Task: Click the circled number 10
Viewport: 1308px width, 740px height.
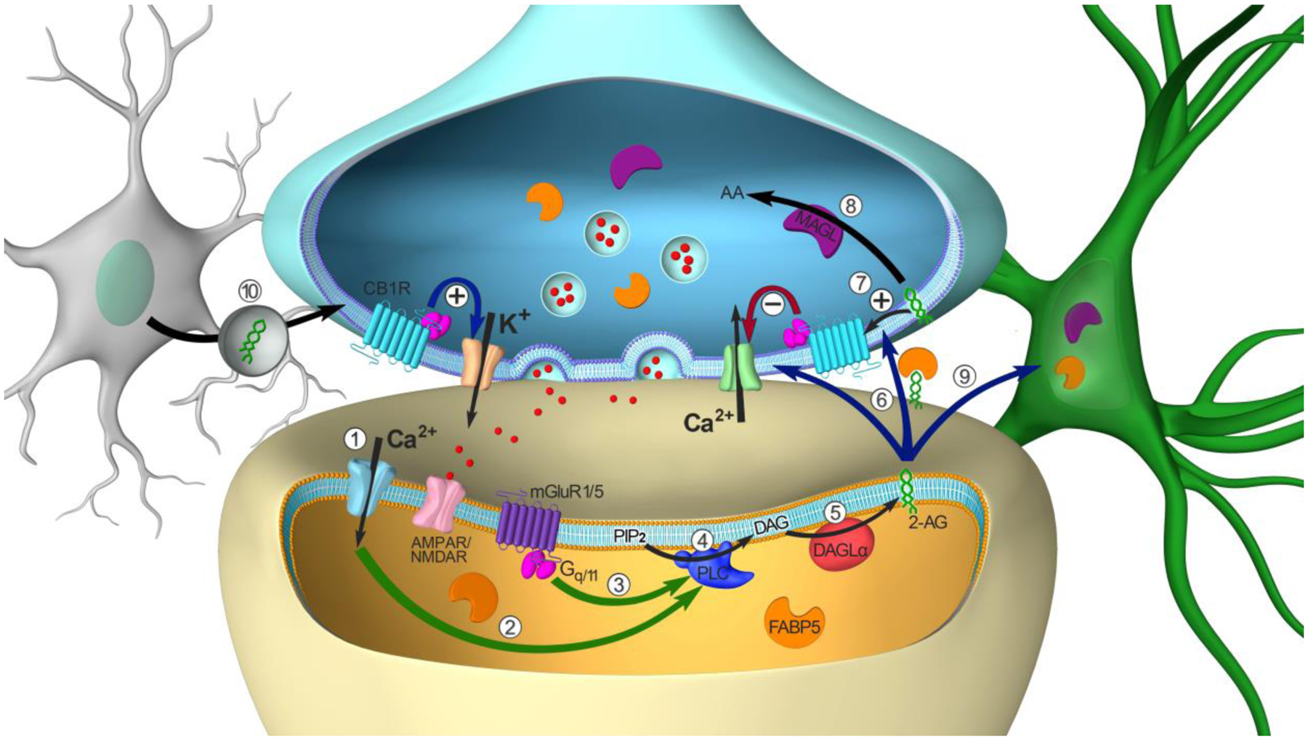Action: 249,291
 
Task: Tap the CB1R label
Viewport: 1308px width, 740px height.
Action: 387,289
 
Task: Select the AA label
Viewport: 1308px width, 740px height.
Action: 733,193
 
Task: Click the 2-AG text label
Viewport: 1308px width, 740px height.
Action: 929,521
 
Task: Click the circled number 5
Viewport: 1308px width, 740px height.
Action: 834,513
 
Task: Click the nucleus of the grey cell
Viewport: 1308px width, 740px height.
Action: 124,281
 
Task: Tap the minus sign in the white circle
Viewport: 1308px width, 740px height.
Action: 772,305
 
